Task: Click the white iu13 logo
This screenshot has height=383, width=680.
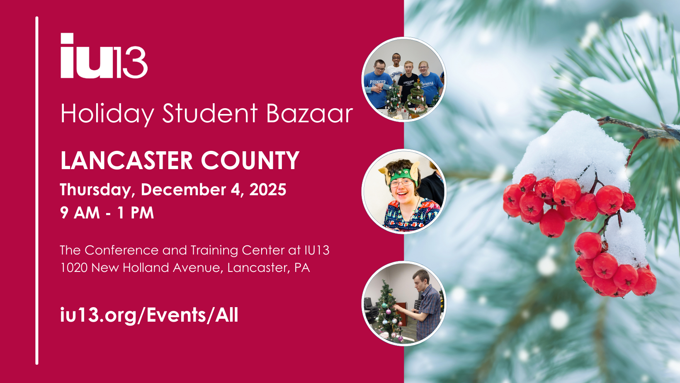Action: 104,56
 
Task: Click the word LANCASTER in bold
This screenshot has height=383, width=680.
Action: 126,160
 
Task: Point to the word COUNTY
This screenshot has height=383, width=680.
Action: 250,160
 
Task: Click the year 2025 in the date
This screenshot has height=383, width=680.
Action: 268,190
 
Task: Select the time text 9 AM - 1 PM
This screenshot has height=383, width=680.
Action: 107,213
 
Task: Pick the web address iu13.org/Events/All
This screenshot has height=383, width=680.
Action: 149,315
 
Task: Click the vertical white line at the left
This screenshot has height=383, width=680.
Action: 37,191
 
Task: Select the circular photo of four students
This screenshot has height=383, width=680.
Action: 404,80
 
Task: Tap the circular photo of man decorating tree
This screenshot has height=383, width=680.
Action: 404,303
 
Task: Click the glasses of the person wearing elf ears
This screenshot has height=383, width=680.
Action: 401,183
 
